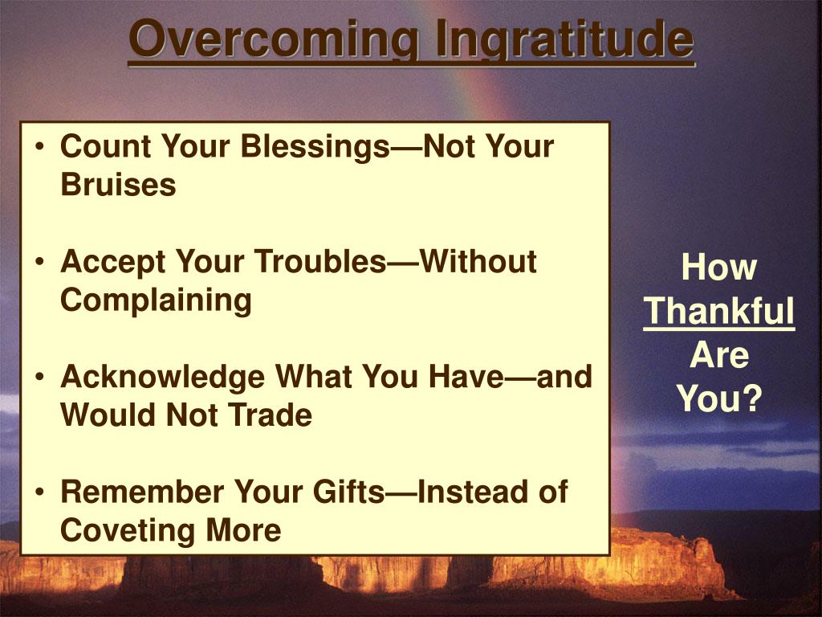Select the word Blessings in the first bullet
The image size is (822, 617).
(x=315, y=146)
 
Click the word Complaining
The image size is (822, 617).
(x=156, y=300)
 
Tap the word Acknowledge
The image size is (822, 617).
(x=162, y=378)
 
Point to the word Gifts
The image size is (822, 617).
(x=348, y=492)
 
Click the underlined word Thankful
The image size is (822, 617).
(x=719, y=312)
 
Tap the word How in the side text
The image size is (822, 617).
(x=719, y=268)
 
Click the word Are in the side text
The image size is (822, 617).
(x=719, y=356)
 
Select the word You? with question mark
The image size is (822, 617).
(x=719, y=399)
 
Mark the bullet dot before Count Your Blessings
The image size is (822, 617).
(x=39, y=147)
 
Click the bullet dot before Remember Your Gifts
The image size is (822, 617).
(x=39, y=492)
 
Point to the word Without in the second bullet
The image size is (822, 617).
(x=478, y=261)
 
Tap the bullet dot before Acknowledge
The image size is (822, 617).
(x=39, y=378)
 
